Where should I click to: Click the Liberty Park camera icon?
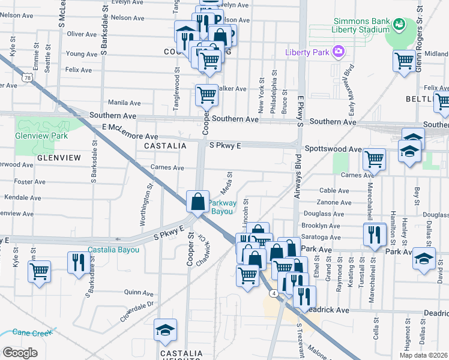(x=338, y=52)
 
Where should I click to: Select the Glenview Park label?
(x=41, y=136)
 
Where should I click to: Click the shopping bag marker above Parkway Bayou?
(x=197, y=202)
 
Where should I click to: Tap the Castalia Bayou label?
(x=113, y=250)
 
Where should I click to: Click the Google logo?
(x=20, y=353)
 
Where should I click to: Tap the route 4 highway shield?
(x=273, y=293)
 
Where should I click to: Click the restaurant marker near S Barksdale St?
(x=78, y=262)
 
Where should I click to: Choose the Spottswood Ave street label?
(x=333, y=149)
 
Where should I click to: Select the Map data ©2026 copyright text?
(x=424, y=355)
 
